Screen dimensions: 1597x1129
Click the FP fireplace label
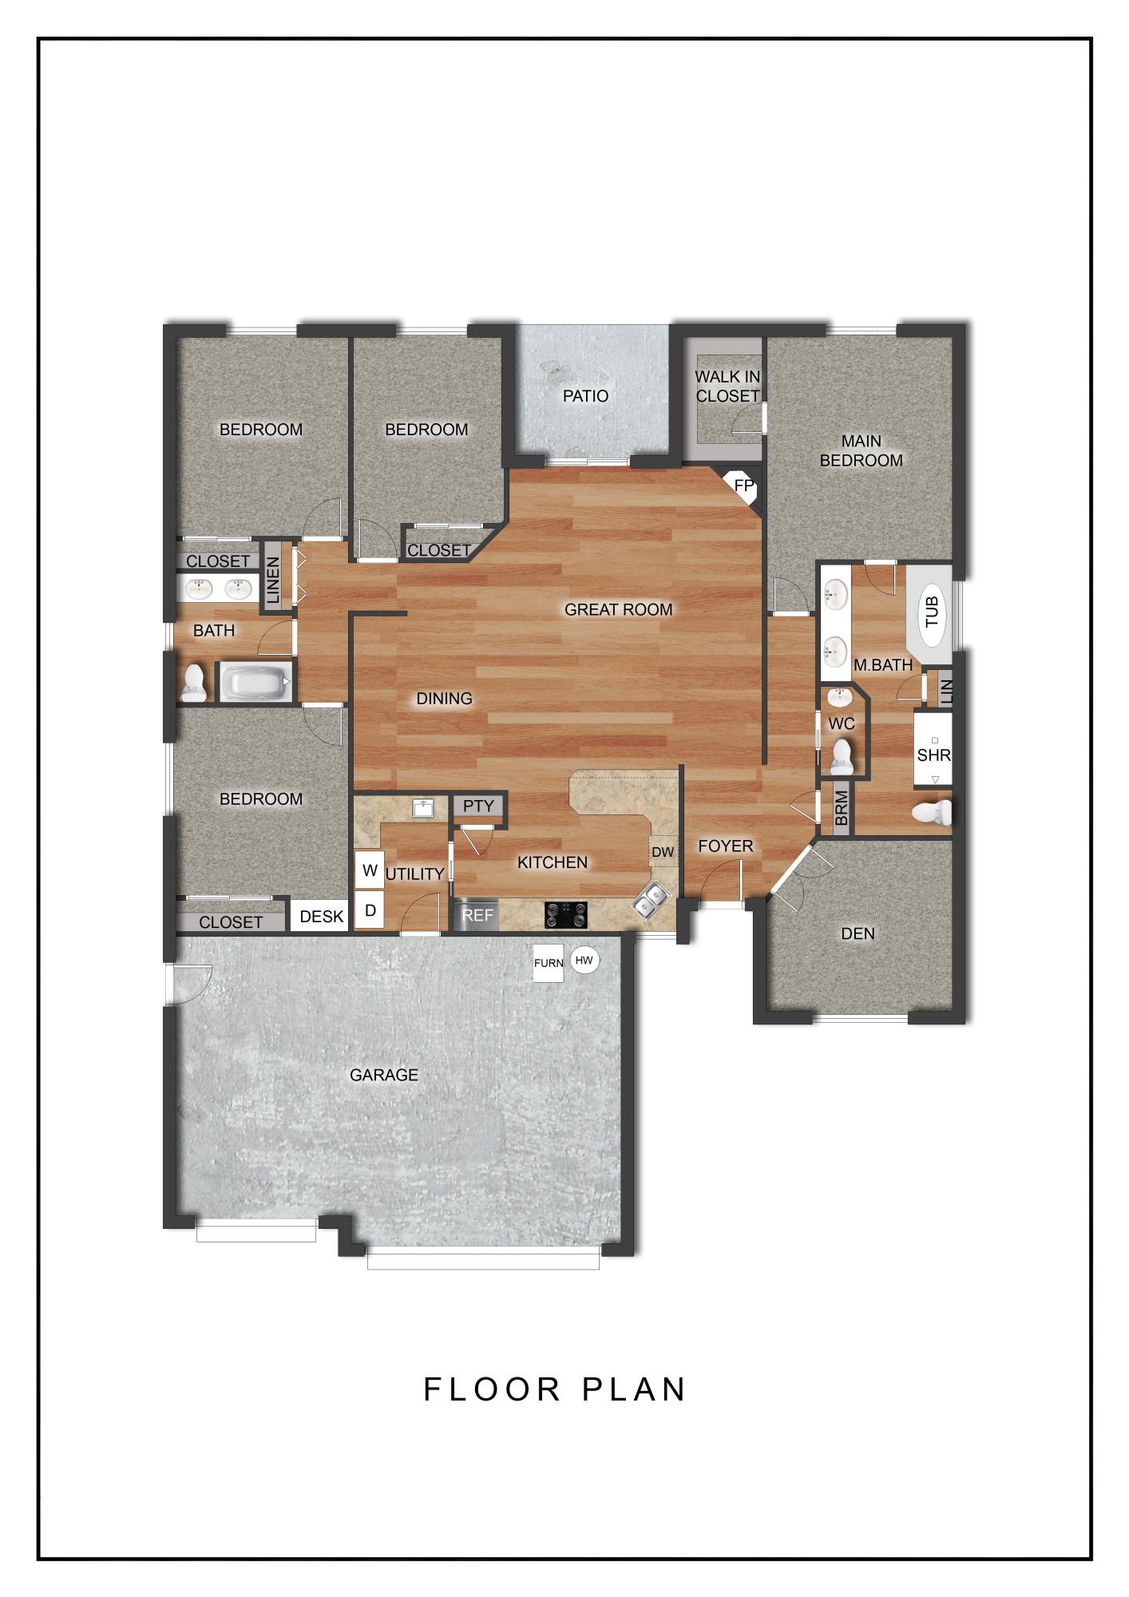[x=743, y=485]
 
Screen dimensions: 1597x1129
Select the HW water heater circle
[x=584, y=961]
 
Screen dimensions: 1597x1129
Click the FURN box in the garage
[x=549, y=963]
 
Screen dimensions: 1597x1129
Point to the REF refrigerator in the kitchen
[x=477, y=915]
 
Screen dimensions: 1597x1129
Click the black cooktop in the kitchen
[x=566, y=914]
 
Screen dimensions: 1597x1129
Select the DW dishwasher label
[x=663, y=853]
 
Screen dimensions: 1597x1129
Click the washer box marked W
[x=370, y=870]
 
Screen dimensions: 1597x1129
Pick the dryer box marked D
[x=370, y=910]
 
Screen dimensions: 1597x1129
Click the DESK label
[x=321, y=917]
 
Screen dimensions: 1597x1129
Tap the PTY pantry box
[x=478, y=806]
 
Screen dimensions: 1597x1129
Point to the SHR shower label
[x=933, y=755]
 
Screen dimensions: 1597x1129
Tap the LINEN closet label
[x=273, y=579]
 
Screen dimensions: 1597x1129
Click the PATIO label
[x=585, y=396]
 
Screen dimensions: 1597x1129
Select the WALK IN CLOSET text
[x=727, y=386]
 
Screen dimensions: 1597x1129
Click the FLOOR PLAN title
[x=555, y=1389]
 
